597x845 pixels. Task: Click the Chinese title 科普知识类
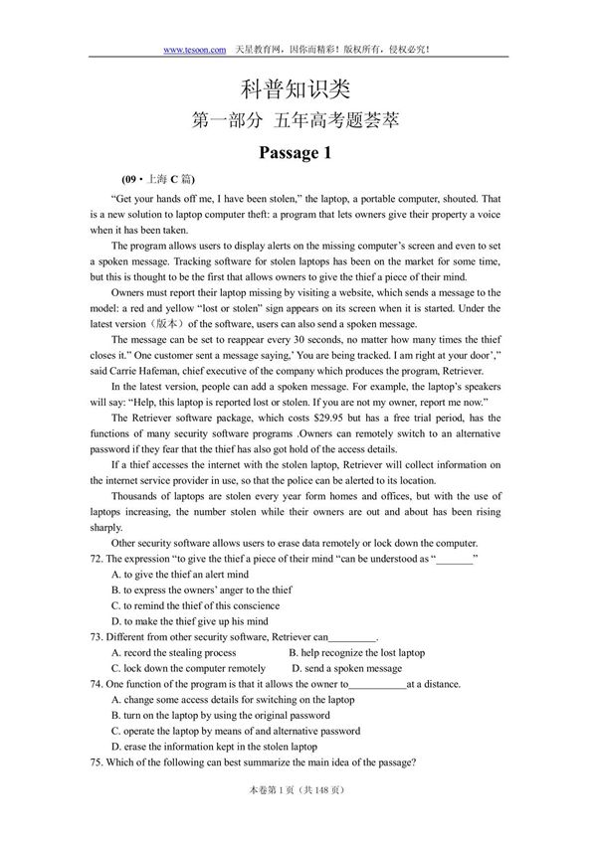pyautogui.click(x=298, y=90)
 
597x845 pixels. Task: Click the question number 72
pyautogui.click(x=97, y=559)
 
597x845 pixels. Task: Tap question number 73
pyautogui.click(x=97, y=637)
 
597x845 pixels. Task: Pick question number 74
pyautogui.click(x=97, y=684)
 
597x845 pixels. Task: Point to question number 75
pyautogui.click(x=97, y=762)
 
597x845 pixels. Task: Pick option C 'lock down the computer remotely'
pyautogui.click(x=188, y=668)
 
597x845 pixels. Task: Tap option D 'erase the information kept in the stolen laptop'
pyautogui.click(x=214, y=747)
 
